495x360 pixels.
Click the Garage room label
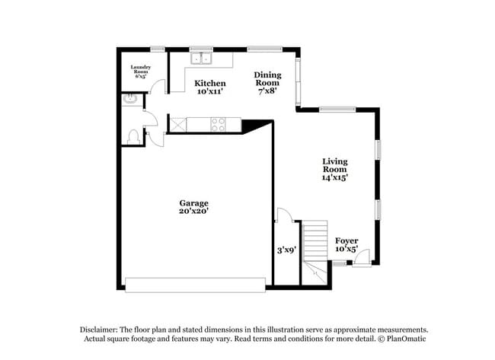pyautogui.click(x=193, y=207)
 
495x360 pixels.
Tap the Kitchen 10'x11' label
pyautogui.click(x=210, y=88)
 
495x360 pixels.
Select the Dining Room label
pyautogui.click(x=267, y=83)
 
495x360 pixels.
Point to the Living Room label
pyautogui.click(x=335, y=170)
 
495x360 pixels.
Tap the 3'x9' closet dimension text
pyautogui.click(x=286, y=250)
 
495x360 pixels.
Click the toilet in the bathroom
pyautogui.click(x=133, y=136)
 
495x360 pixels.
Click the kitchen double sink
pyautogui.click(x=201, y=59)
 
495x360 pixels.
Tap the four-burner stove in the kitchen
pyautogui.click(x=218, y=124)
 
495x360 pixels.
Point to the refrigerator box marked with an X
pyautogui.click(x=178, y=124)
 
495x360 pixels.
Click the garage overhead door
pyautogui.click(x=195, y=285)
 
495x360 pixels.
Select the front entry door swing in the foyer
pyautogui.click(x=362, y=258)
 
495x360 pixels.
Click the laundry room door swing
pyautogui.click(x=157, y=86)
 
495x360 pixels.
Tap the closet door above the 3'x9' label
pyautogui.click(x=285, y=215)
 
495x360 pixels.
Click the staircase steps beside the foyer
pyautogui.click(x=315, y=241)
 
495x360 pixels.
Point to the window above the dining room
pyautogui.click(x=264, y=49)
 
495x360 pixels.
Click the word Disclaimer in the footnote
pyautogui.click(x=98, y=330)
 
